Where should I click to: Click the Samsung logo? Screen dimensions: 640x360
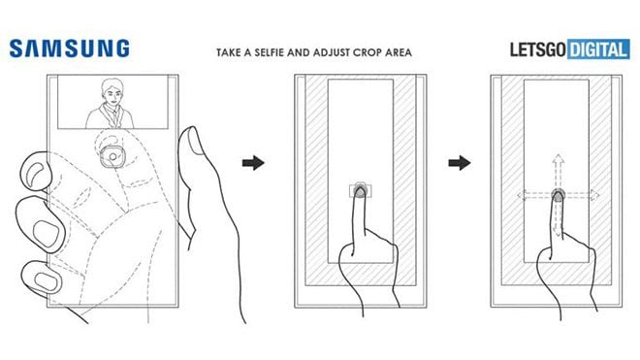click(70, 49)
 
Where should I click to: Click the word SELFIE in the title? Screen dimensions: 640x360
click(270, 52)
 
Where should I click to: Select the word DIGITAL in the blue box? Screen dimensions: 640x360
click(598, 50)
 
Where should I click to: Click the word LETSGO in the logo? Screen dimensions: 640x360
click(538, 49)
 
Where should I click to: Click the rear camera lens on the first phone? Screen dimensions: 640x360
click(112, 156)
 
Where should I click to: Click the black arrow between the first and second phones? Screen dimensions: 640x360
click(253, 163)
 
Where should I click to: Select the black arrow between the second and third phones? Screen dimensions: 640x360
click(460, 163)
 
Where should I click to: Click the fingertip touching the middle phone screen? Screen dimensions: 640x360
click(359, 191)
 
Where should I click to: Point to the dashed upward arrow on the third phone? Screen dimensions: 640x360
click(558, 171)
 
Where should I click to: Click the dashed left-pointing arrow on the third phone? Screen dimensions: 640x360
click(534, 195)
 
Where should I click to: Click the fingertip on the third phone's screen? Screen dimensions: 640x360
click(558, 196)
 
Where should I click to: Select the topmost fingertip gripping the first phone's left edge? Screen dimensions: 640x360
click(36, 172)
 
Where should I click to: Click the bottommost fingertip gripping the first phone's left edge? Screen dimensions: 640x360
click(42, 278)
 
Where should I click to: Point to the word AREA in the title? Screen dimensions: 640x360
click(400, 52)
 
